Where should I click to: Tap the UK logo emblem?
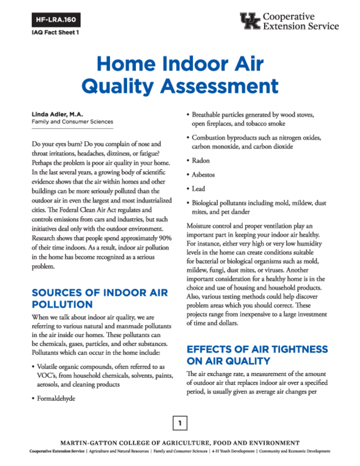(x=250, y=21)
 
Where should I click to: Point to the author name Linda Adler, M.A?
(x=57, y=115)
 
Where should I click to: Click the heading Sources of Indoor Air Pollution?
(x=99, y=298)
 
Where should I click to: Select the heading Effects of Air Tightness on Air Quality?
(x=257, y=355)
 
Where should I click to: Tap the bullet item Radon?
(x=200, y=161)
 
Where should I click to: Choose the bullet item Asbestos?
(x=203, y=175)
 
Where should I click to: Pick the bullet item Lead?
(x=198, y=189)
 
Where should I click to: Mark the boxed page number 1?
(x=180, y=424)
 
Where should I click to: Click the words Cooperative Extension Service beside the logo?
(x=301, y=21)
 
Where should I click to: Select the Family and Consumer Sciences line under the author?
(x=72, y=122)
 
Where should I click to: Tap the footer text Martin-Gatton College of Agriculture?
(x=180, y=443)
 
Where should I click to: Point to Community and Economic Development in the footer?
(x=295, y=451)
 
